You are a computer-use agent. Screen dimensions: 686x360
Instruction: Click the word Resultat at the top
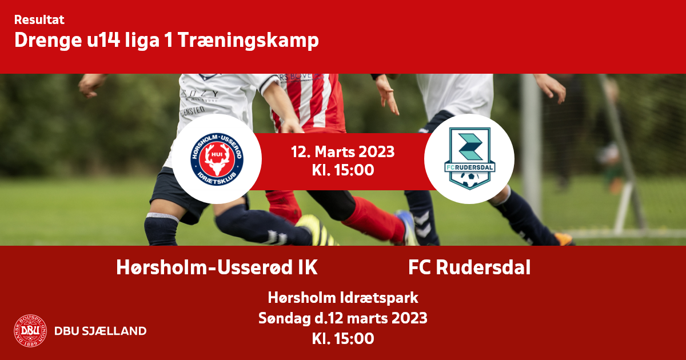[39, 19]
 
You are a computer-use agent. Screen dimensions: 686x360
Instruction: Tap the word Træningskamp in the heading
[248, 41]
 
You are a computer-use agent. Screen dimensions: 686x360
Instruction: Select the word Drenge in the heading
[48, 41]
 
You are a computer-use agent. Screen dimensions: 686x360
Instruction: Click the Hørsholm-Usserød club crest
[217, 159]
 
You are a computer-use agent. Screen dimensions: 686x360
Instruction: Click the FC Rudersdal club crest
[469, 159]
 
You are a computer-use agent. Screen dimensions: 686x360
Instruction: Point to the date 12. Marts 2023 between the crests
[342, 152]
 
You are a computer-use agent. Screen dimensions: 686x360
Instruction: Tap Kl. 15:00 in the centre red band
[343, 170]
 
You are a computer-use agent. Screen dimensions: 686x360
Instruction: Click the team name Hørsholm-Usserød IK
[217, 267]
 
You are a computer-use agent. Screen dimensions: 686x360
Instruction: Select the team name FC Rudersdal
[469, 267]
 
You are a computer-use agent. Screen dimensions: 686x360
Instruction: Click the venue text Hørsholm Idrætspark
[343, 298]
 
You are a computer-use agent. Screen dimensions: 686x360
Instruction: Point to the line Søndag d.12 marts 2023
[342, 318]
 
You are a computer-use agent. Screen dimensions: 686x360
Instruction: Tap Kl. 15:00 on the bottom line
[343, 338]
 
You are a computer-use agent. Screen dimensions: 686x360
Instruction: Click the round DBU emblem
[30, 331]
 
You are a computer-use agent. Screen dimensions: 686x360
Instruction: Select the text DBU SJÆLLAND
[101, 331]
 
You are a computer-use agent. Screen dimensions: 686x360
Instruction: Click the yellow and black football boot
[316, 230]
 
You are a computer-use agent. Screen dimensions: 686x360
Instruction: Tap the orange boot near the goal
[563, 239]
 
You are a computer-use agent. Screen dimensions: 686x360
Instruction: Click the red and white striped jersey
[309, 102]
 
